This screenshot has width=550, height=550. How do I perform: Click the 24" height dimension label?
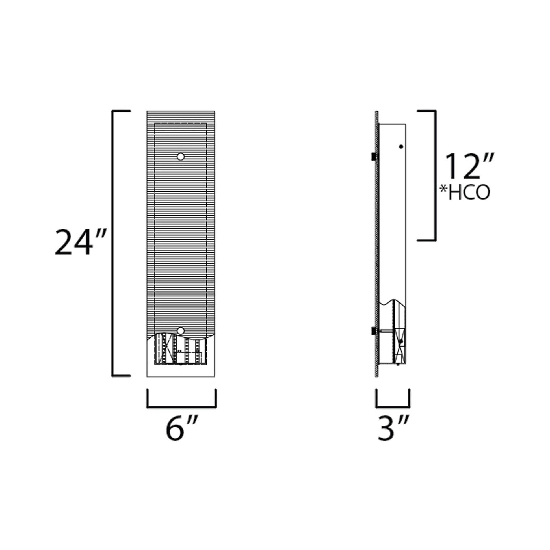81,242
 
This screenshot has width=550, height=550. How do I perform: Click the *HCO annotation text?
465,193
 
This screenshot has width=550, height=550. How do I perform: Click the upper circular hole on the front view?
181,157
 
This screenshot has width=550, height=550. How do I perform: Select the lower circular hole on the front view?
181,330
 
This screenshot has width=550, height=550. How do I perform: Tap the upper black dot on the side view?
401,147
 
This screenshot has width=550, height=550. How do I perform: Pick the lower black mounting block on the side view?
374,330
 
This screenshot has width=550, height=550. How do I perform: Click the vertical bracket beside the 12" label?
435,176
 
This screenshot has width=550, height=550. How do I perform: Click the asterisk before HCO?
443,189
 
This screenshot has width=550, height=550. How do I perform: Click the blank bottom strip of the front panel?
181,371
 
